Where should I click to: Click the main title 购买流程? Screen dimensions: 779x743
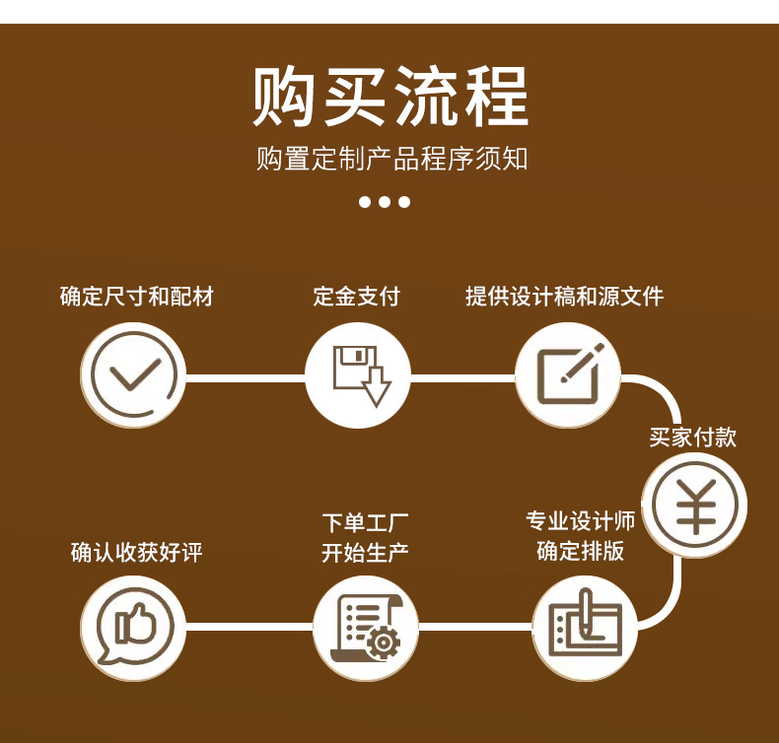click(x=389, y=97)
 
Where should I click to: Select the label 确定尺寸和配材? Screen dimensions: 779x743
click(x=137, y=296)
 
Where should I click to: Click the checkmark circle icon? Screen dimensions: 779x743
click(x=133, y=376)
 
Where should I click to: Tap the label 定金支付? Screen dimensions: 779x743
click(x=357, y=296)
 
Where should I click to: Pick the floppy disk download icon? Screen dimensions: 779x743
click(x=357, y=376)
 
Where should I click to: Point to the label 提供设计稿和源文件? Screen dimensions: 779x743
click(x=565, y=296)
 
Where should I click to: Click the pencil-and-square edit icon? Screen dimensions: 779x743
click(x=568, y=376)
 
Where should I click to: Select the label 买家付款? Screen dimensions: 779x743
click(x=693, y=438)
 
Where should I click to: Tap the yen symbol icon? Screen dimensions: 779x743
click(x=695, y=506)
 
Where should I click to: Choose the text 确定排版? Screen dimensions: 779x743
click(x=581, y=550)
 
